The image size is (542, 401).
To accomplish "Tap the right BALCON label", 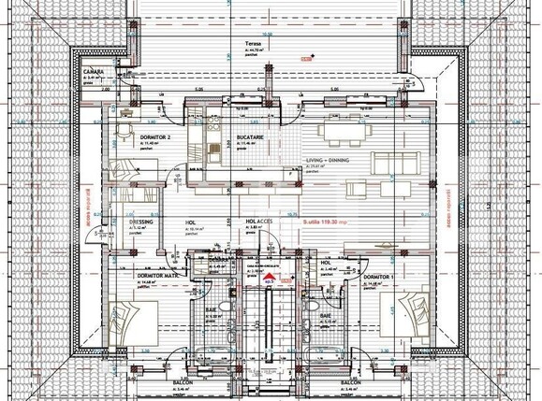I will (x=351, y=383).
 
